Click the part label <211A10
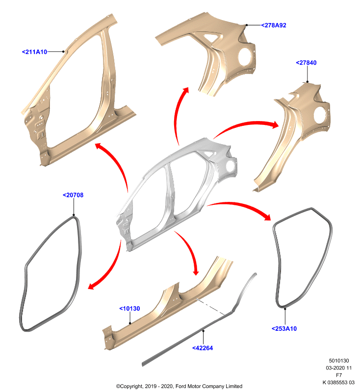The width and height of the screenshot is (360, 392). point(34,52)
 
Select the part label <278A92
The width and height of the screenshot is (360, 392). point(274,25)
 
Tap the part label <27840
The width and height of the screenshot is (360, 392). point(306,63)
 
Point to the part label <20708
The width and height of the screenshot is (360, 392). point(73,195)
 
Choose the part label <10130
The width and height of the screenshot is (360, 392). point(129,309)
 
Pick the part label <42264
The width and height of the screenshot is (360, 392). point(203,348)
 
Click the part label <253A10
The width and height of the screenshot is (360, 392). point(284,328)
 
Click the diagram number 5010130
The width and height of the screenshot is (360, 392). point(339,361)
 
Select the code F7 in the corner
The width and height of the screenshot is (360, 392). point(339,375)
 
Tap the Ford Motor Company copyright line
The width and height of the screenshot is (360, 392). point(179,386)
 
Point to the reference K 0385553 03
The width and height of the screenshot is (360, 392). point(338,382)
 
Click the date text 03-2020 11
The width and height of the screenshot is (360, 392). point(338,368)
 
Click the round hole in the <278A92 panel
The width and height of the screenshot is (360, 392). point(246,57)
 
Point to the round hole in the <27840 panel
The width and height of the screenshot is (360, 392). point(320,115)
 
